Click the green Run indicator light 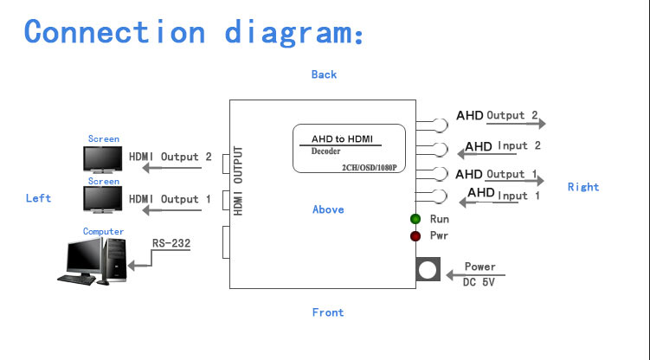415,219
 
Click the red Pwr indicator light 415,235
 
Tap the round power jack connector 428,272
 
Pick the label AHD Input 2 504,146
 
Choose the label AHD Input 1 504,195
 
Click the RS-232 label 171,243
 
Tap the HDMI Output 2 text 171,157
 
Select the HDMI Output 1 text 171,199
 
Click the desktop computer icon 93,260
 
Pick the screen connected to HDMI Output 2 102,159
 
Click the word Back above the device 324,74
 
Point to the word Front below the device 328,312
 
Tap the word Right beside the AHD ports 582,187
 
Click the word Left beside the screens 38,198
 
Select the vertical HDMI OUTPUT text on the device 239,181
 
